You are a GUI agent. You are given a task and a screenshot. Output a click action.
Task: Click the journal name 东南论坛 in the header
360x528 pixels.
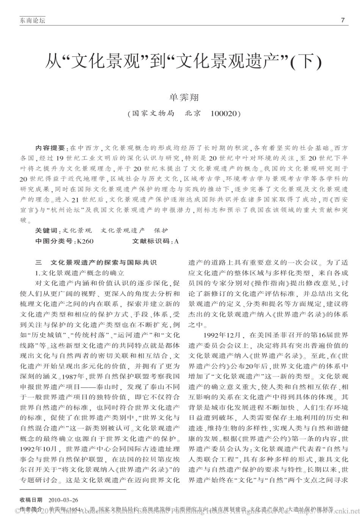[32, 21]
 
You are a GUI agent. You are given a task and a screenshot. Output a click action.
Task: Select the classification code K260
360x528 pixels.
[85, 241]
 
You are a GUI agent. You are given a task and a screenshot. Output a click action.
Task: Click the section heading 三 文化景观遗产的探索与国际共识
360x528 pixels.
[95, 262]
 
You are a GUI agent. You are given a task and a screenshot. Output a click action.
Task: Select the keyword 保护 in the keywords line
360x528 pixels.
[161, 230]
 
